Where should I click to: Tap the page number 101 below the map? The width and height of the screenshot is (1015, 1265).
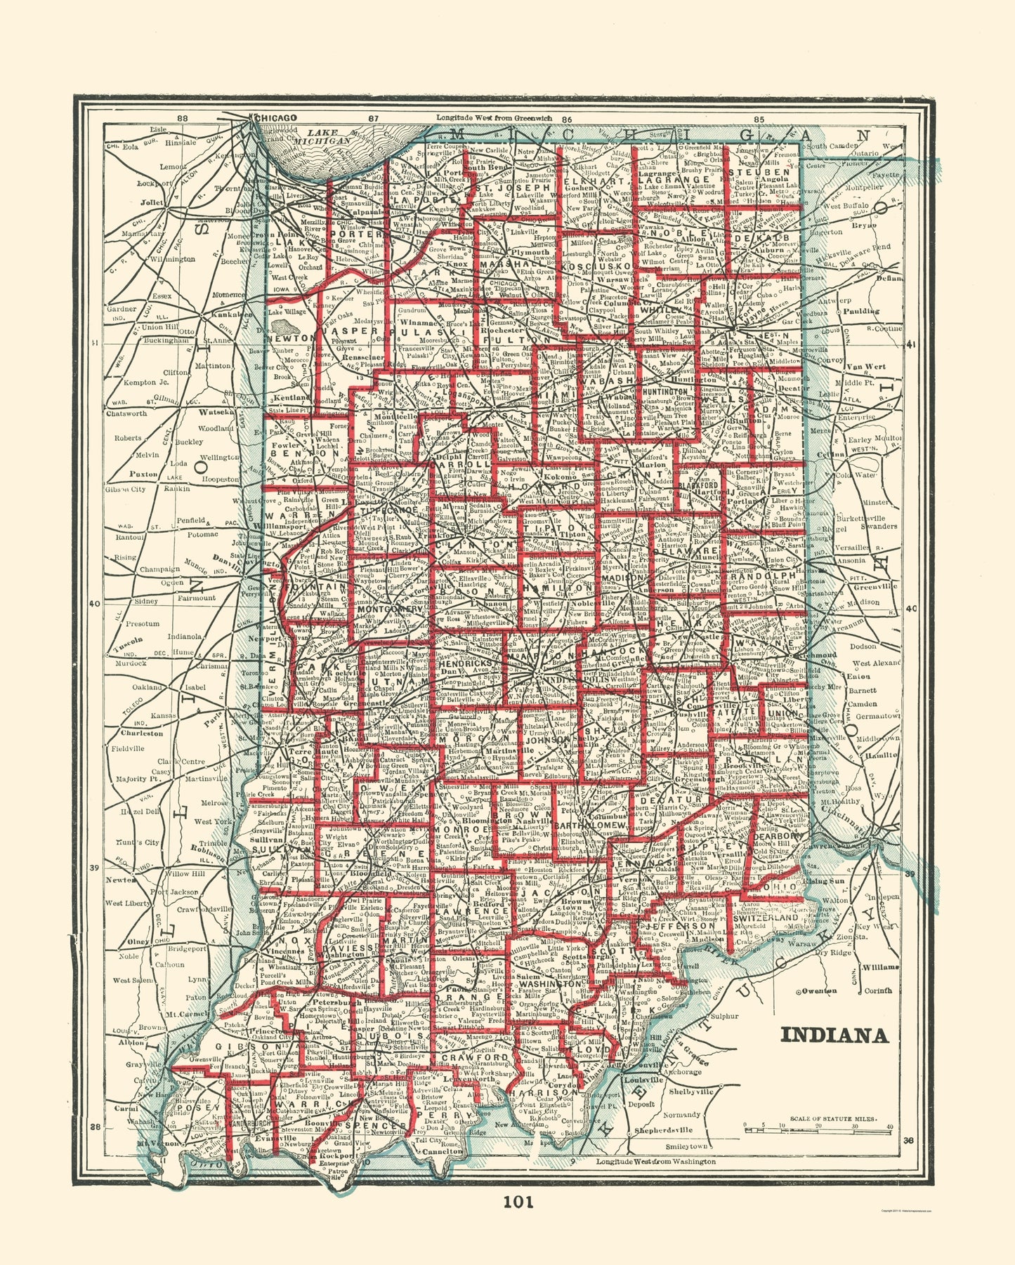[x=518, y=1201]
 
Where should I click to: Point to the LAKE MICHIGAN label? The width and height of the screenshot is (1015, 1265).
[x=325, y=137]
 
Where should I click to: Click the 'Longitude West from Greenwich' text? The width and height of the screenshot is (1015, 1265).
[x=495, y=117]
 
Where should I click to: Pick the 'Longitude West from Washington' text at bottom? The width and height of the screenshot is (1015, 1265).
[x=655, y=1162]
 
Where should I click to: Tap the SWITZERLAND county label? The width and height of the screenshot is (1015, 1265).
[x=765, y=918]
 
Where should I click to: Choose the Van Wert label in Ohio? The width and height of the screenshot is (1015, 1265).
[x=865, y=366]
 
